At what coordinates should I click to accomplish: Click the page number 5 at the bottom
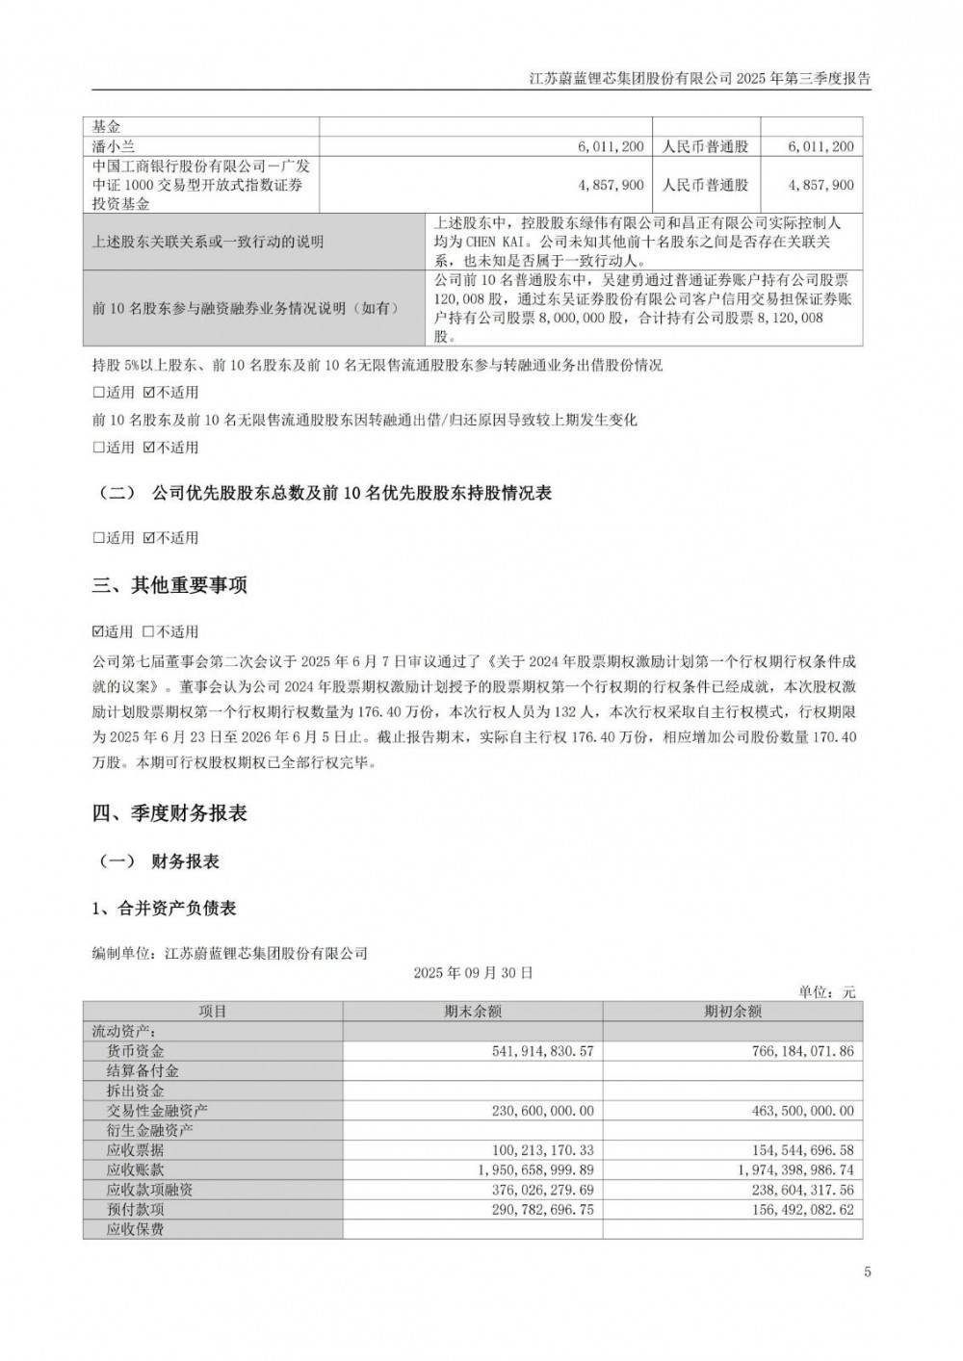(868, 1271)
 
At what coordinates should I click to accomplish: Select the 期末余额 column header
(473, 1011)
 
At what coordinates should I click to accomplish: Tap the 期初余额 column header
(733, 1011)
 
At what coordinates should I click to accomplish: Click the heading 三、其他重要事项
(169, 585)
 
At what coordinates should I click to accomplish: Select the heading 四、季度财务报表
(169, 813)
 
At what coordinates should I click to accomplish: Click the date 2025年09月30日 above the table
(473, 972)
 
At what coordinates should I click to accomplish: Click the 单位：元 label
(827, 991)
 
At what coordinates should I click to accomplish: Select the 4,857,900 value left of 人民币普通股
(612, 185)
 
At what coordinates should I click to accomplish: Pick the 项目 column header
(213, 1011)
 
